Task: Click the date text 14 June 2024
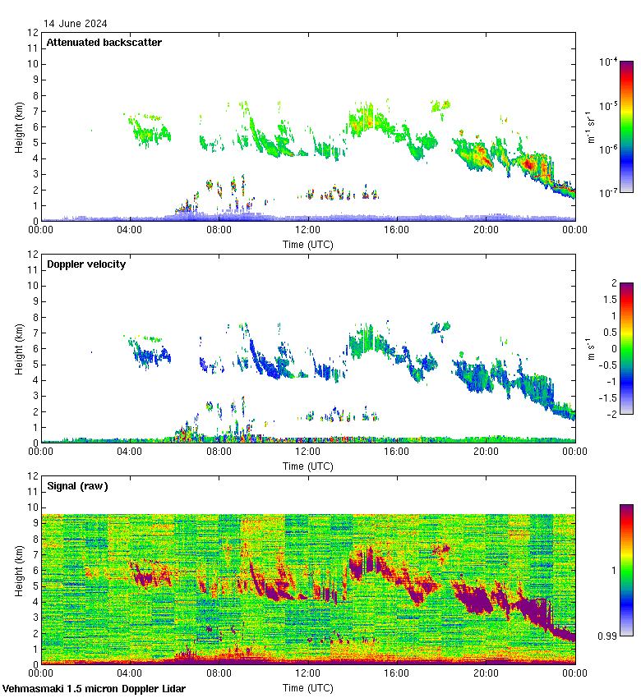point(75,24)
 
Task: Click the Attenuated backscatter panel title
point(104,43)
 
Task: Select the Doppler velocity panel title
point(85,264)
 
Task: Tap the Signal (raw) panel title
point(77,486)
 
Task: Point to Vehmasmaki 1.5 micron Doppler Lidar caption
point(94,688)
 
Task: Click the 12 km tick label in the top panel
point(33,33)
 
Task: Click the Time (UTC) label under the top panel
point(308,244)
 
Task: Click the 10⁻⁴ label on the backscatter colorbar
point(609,62)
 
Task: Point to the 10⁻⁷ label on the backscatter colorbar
point(609,193)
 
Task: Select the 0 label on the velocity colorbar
point(612,348)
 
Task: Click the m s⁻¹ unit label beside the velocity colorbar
point(590,348)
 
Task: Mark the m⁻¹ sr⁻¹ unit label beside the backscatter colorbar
point(590,127)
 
